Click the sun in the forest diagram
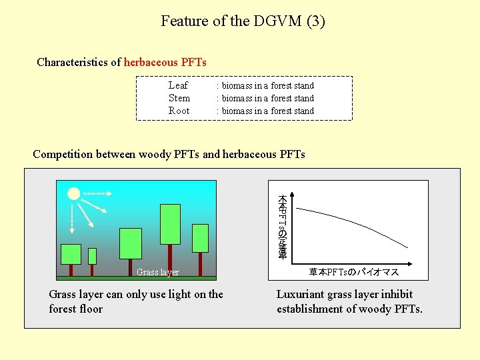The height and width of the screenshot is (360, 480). [73, 194]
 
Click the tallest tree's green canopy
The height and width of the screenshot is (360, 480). [170, 224]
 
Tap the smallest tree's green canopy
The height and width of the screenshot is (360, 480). [92, 256]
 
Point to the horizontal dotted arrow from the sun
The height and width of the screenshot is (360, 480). [97, 193]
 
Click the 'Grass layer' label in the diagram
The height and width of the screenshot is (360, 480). [158, 272]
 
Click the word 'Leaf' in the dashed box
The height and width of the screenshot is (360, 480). [178, 85]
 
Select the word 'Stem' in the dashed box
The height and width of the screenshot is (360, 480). [179, 98]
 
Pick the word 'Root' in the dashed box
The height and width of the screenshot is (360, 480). [179, 111]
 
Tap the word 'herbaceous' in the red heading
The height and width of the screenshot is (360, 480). [151, 62]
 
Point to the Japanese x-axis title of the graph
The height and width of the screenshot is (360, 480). [353, 272]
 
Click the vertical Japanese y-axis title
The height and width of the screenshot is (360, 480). [282, 227]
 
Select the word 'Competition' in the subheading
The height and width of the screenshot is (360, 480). [63, 154]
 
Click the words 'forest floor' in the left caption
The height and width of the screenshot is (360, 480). [75, 309]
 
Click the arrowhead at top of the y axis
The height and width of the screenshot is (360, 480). [294, 195]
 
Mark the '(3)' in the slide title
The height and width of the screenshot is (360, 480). [315, 21]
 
